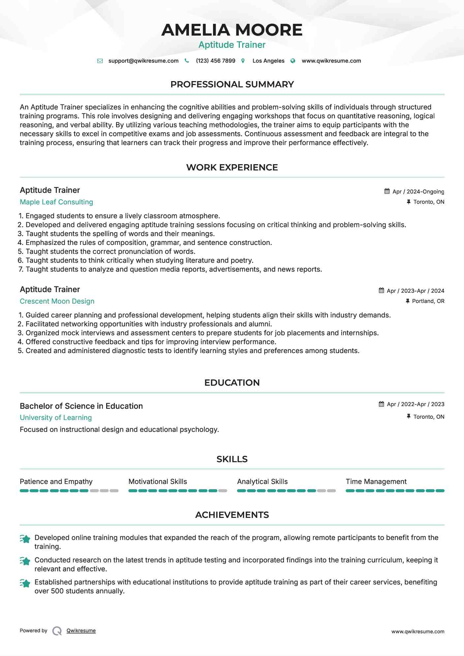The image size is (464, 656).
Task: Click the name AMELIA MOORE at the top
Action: click(232, 30)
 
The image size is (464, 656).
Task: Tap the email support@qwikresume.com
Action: click(143, 61)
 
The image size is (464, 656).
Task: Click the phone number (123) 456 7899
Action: click(215, 61)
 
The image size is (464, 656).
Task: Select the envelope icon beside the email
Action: click(100, 61)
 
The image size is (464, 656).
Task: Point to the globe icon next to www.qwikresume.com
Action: click(293, 61)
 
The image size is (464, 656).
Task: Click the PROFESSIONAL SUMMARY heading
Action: click(232, 84)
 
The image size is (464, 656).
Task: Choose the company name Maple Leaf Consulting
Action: click(56, 202)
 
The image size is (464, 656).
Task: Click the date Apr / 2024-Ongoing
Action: click(418, 192)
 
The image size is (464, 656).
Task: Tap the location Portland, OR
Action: click(428, 301)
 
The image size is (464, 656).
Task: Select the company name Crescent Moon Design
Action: click(57, 301)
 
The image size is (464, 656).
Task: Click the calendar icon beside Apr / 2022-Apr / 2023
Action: click(382, 404)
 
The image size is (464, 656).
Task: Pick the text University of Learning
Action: click(56, 418)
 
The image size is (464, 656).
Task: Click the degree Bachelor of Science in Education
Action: click(81, 406)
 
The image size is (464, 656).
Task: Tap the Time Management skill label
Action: click(376, 482)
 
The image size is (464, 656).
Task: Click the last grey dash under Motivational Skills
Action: click(223, 491)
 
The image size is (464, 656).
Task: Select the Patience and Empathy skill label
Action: click(56, 482)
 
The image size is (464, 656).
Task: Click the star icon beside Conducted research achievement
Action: click(25, 561)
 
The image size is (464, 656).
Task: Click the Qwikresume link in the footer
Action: click(81, 631)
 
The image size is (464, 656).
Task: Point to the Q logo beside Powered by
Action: click(57, 631)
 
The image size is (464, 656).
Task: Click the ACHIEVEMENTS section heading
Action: click(232, 515)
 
